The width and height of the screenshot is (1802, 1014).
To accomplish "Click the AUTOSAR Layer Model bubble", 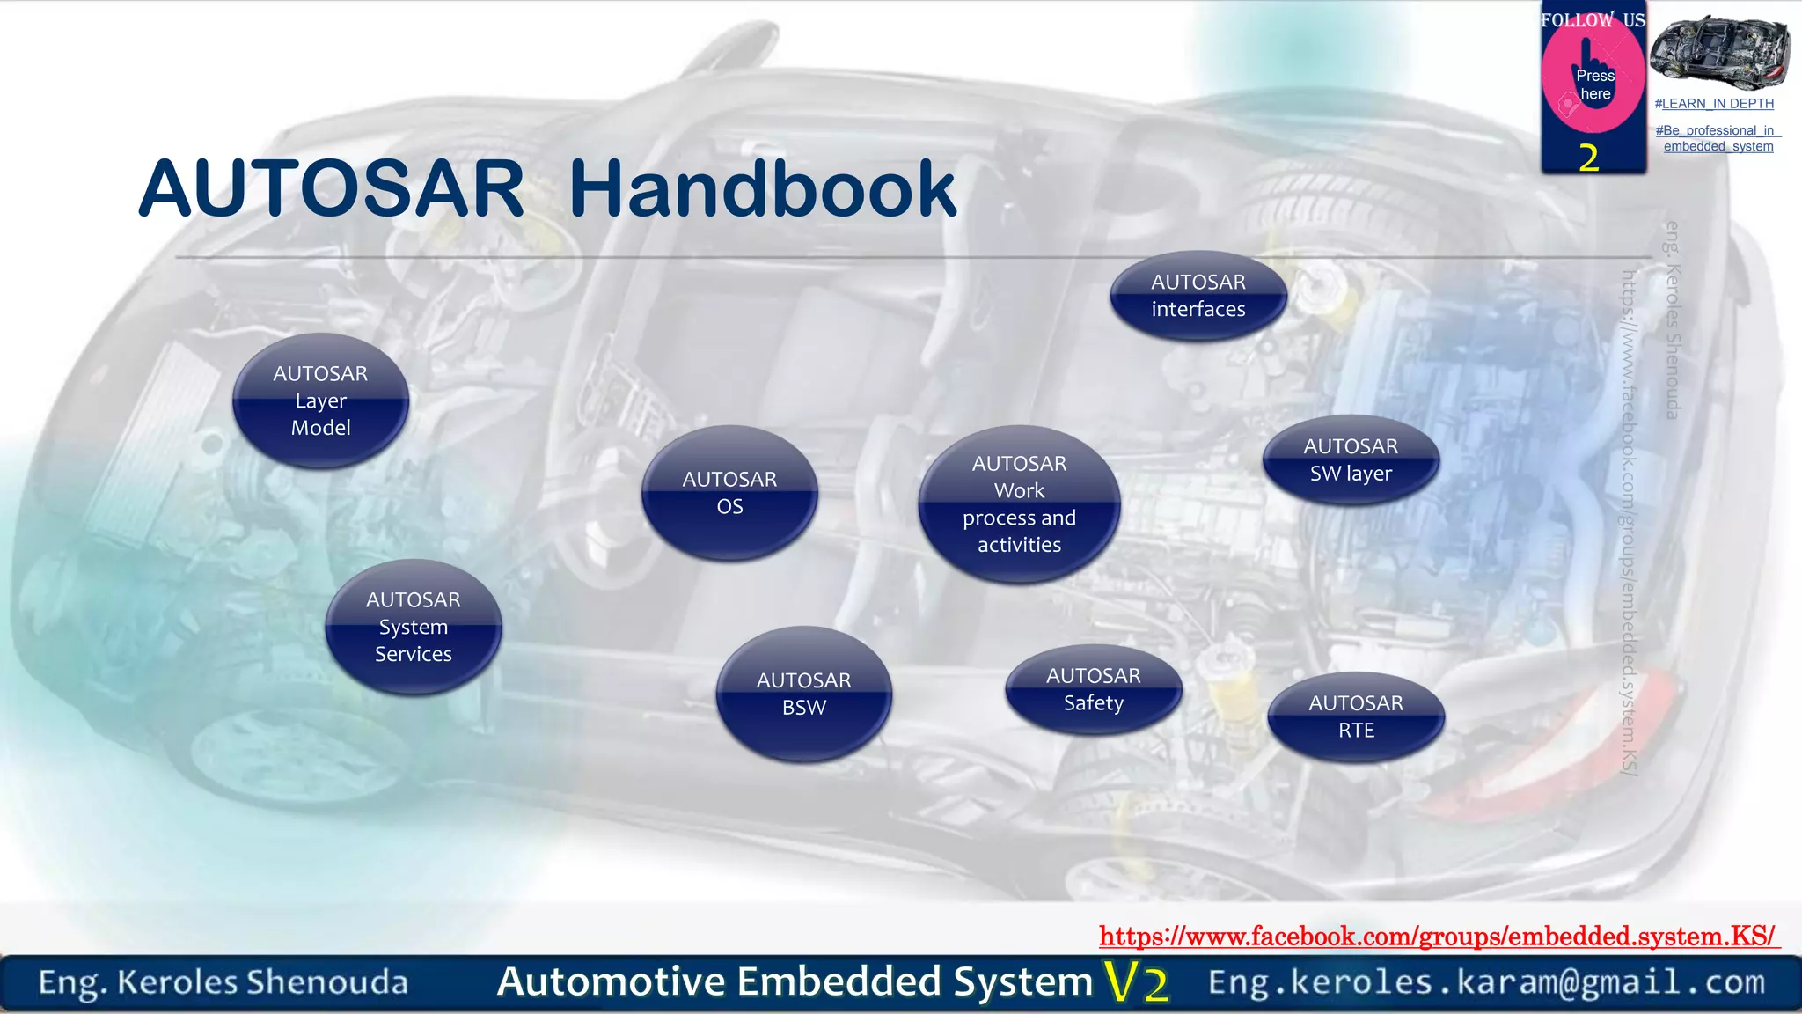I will tap(320, 400).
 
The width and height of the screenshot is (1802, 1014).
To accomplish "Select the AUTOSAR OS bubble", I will tap(729, 493).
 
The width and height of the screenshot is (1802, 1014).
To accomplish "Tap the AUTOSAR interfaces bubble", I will tap(1198, 296).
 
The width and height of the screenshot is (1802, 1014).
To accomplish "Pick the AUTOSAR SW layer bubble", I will tap(1351, 459).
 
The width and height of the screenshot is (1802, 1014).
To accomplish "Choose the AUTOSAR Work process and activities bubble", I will tap(1019, 504).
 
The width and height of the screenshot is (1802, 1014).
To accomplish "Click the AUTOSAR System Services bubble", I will tap(413, 627).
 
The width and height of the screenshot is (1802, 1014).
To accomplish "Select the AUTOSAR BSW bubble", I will tap(803, 694).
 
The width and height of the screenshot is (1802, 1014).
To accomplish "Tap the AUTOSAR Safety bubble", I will tap(1093, 689).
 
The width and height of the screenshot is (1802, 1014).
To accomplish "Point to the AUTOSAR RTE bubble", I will tap(1356, 716).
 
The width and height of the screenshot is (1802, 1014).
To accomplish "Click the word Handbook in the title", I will tap(762, 188).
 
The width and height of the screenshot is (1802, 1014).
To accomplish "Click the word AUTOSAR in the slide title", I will tap(332, 188).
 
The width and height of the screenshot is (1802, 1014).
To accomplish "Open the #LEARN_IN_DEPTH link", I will tap(1714, 104).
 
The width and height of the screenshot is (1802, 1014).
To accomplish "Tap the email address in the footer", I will tap(1486, 982).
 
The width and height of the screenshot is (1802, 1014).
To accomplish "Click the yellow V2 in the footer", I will tap(1137, 982).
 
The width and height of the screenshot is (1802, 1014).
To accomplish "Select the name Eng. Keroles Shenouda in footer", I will tap(223, 982).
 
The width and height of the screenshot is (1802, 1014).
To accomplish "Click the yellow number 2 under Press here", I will tap(1589, 158).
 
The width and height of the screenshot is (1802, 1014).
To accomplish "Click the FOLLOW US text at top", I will tap(1593, 19).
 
